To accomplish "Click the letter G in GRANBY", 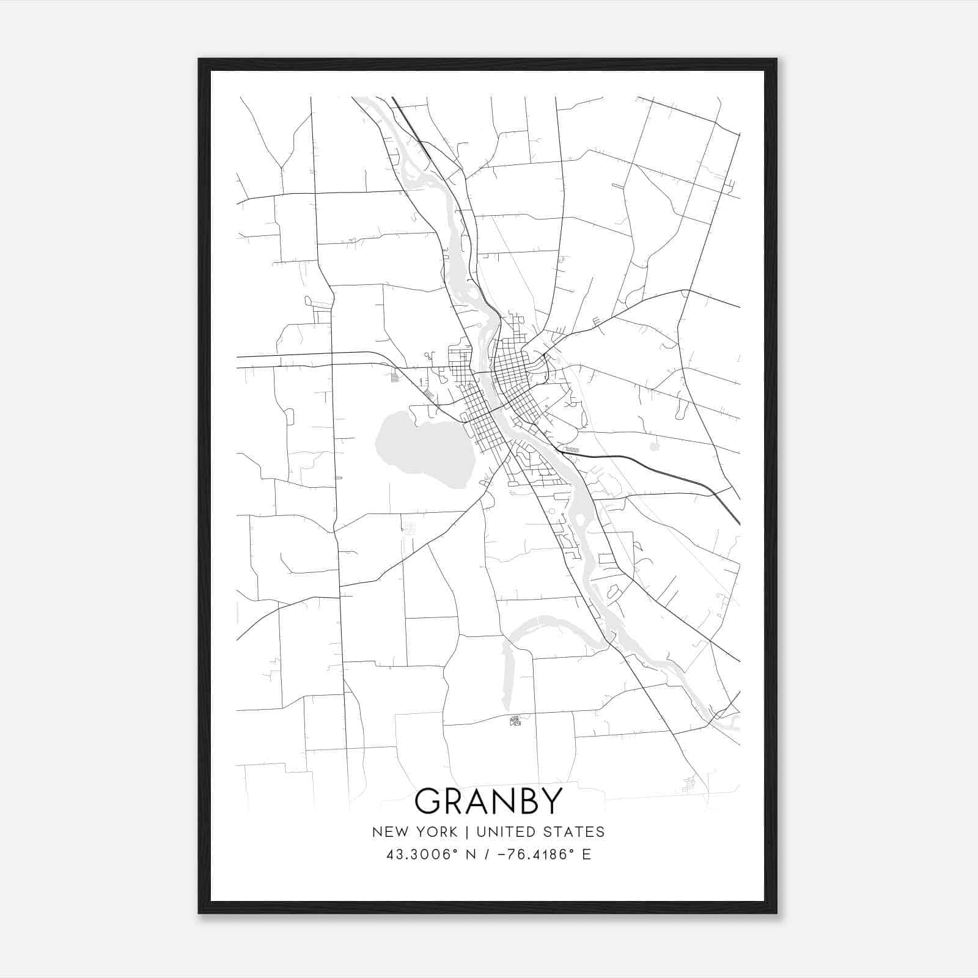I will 428,801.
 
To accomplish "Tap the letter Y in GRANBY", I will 550,801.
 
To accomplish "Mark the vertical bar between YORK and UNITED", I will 467,832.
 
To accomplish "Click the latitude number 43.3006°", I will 421,855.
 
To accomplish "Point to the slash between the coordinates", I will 488,855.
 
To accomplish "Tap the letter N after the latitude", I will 471,855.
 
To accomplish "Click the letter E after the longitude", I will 586,855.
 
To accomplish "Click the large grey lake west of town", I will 422,449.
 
